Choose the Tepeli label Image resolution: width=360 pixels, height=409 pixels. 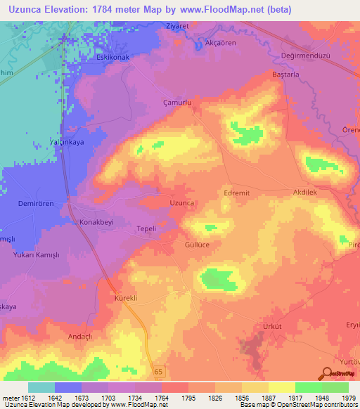146,229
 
